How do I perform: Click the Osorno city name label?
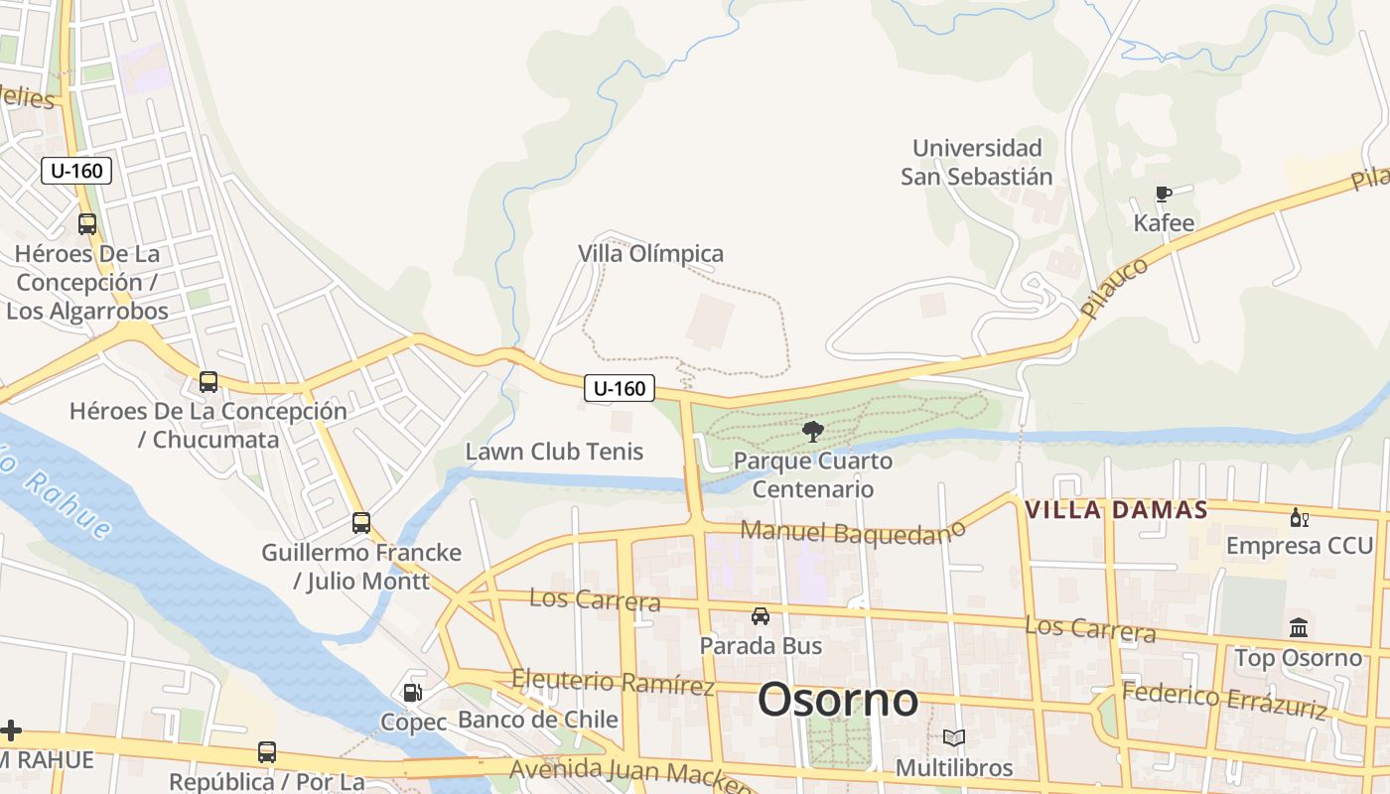click(838, 701)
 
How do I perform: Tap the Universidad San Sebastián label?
click(977, 163)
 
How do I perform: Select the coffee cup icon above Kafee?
click(1164, 194)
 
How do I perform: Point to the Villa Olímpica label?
click(651, 254)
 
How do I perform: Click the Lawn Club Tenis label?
click(555, 452)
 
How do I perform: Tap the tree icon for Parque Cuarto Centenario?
click(813, 431)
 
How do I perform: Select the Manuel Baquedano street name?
click(853, 533)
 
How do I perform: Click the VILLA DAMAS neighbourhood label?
click(1116, 510)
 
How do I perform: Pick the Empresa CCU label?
click(1300, 546)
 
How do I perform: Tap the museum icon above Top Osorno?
click(1299, 627)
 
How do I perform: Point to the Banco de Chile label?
click(538, 720)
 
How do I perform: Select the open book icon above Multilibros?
click(954, 738)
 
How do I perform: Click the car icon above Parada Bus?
click(761, 616)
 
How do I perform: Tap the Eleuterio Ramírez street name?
click(613, 682)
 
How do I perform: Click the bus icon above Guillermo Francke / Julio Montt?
click(361, 523)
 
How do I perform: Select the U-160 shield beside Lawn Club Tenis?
click(620, 388)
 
